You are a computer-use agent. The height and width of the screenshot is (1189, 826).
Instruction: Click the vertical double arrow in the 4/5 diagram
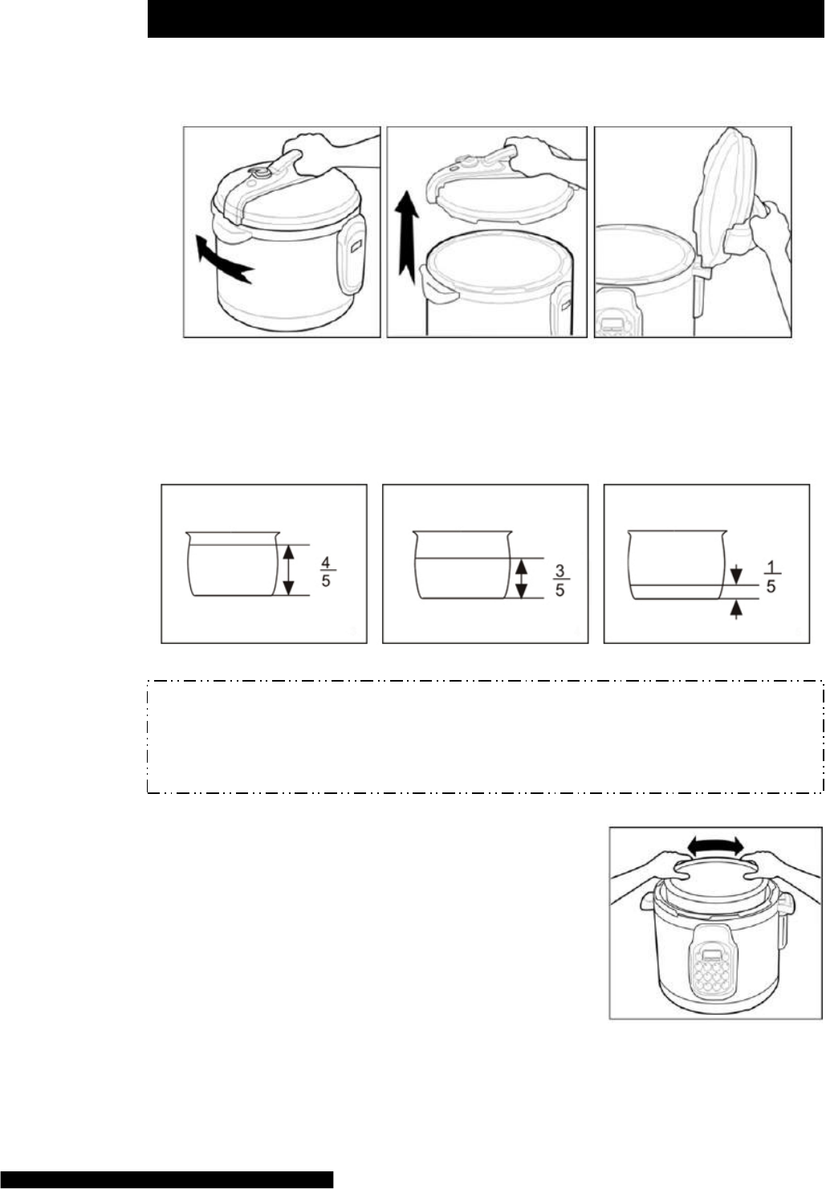tap(287, 570)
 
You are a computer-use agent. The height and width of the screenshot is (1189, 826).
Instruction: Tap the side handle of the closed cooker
tap(352, 257)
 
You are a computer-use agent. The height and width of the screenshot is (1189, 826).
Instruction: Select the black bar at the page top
tap(486, 18)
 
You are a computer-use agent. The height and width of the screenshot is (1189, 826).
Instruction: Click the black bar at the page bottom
tap(167, 1179)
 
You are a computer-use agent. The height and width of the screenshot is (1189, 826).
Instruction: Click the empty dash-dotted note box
tap(485, 736)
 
